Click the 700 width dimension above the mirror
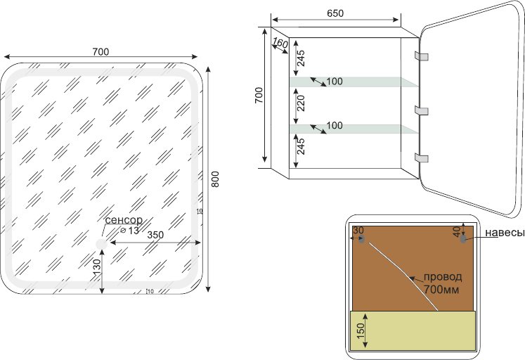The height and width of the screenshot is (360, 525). (x=101, y=51)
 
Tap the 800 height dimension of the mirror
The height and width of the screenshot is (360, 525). (x=216, y=181)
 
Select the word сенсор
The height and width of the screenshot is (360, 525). (x=124, y=220)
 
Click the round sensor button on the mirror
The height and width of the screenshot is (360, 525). (x=101, y=244)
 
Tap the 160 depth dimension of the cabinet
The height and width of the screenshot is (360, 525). (x=280, y=44)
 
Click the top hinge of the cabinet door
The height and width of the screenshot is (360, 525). (x=421, y=56)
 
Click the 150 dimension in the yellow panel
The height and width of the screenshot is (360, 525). (x=361, y=330)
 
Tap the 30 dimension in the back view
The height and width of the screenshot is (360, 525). (x=358, y=231)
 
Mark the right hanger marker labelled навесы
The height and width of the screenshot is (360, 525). (x=463, y=239)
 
